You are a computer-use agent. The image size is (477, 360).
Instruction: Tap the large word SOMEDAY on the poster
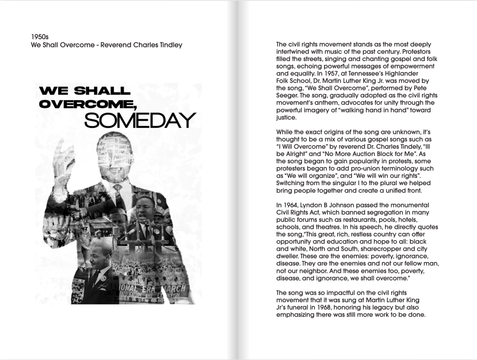point(139,120)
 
